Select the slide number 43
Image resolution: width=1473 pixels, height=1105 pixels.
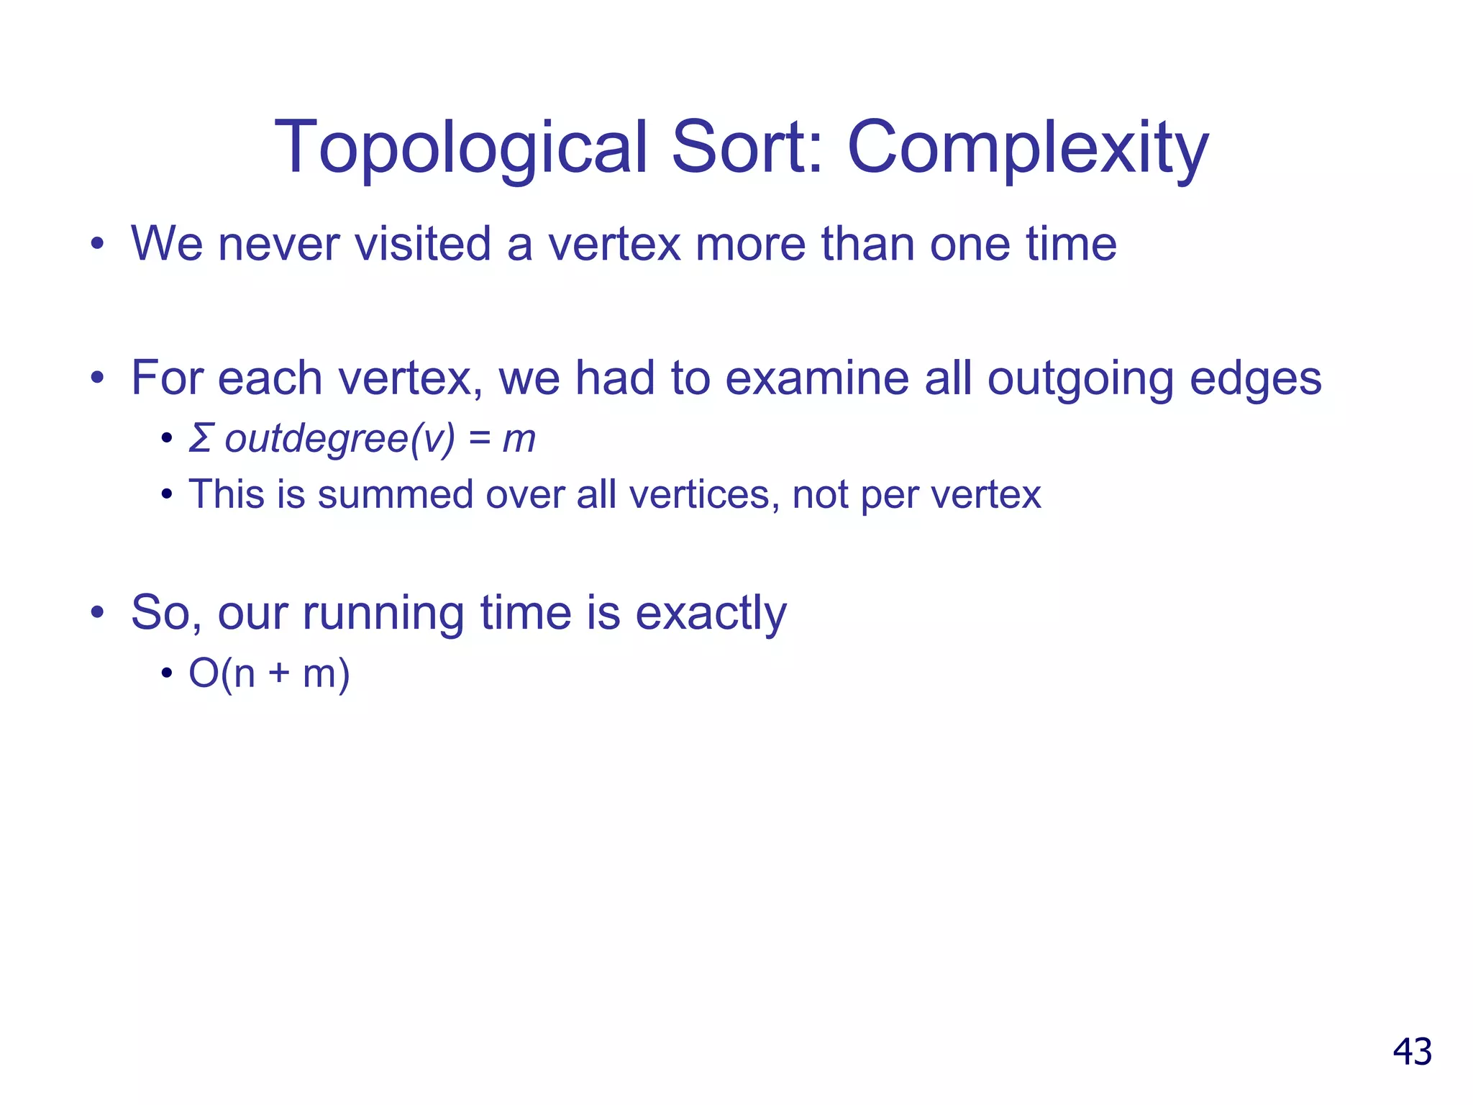click(1412, 1052)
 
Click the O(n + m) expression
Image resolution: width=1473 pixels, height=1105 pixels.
click(269, 673)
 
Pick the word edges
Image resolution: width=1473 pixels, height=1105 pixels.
click(1255, 380)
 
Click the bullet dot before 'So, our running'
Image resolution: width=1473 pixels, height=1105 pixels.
click(98, 613)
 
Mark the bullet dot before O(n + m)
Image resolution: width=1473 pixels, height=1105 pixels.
click(167, 674)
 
